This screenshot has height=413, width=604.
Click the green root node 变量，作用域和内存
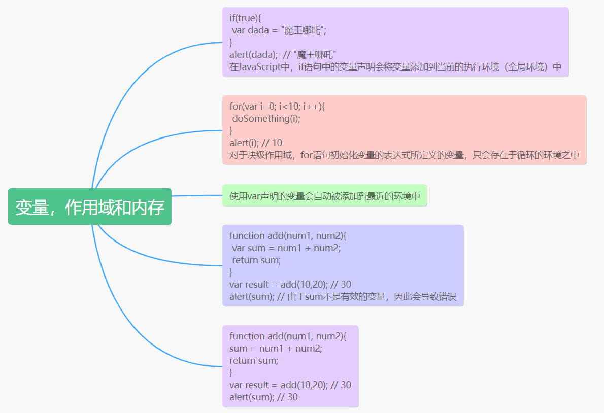point(90,206)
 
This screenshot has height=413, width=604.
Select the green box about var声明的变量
point(325,196)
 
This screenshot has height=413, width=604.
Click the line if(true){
point(245,18)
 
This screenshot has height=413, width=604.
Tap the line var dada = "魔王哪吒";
point(279,30)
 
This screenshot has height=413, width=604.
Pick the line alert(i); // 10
point(256,143)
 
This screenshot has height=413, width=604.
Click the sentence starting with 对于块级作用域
point(404,155)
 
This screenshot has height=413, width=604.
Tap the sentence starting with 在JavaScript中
point(395,67)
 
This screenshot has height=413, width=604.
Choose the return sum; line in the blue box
point(256,260)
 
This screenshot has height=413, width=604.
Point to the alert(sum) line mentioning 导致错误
point(343,297)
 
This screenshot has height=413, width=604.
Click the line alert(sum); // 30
point(263,397)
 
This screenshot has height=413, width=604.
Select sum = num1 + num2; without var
point(276,349)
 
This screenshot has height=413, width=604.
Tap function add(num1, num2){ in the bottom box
point(288,336)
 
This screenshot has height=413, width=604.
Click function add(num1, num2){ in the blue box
point(288,236)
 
